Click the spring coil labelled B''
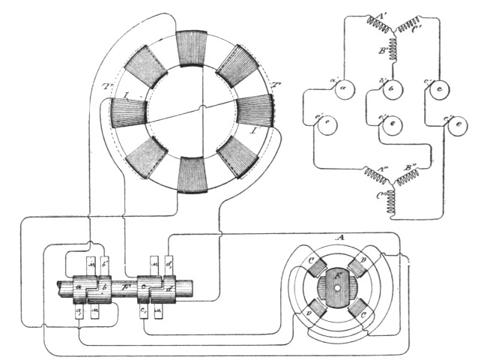point(411,177)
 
